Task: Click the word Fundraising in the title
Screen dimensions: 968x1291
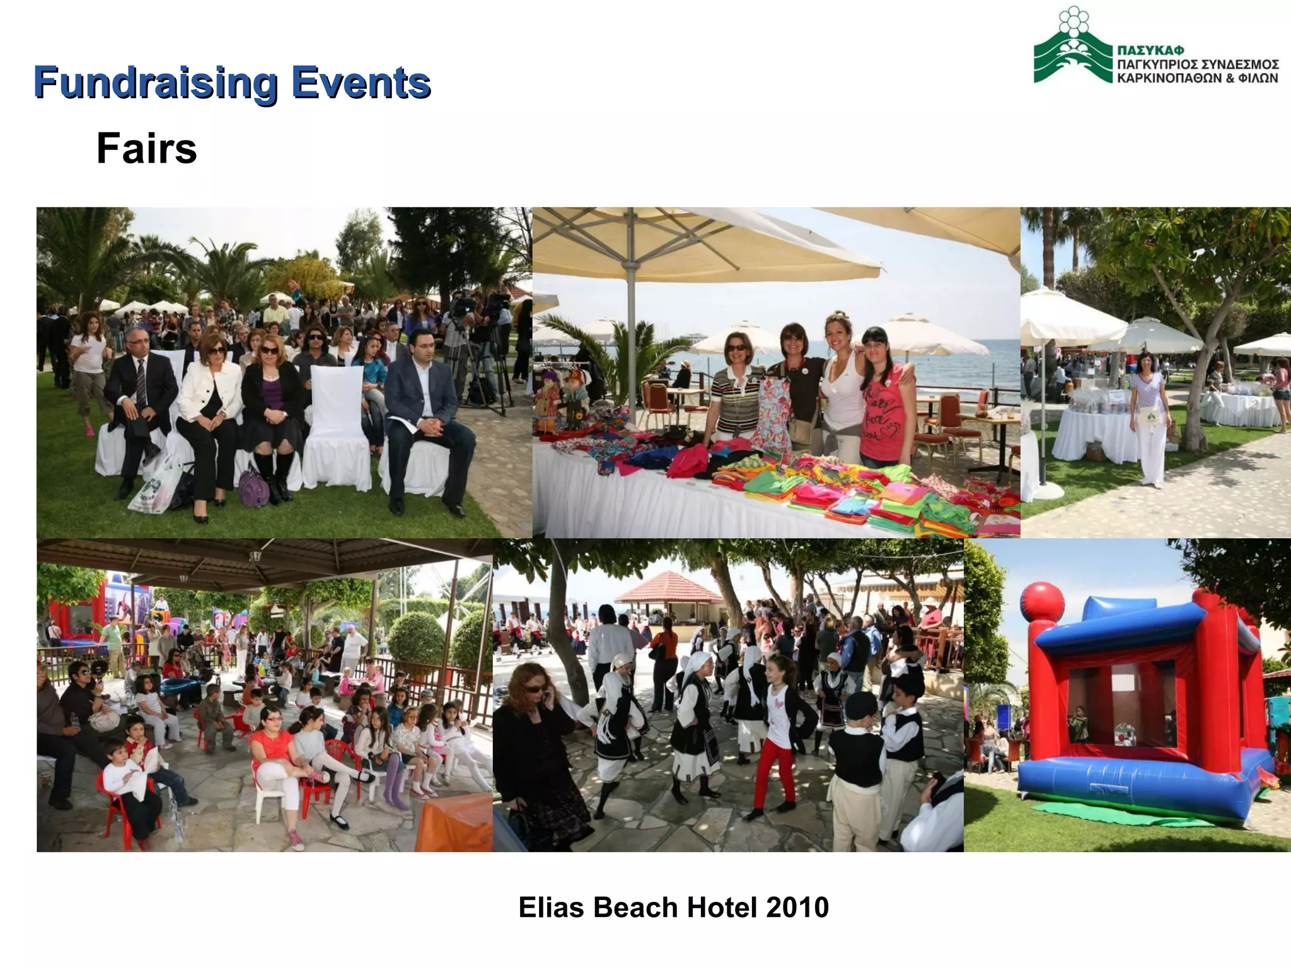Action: click(155, 83)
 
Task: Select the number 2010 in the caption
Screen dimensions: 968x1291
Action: click(797, 907)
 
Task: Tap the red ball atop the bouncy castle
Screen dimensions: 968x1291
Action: click(1042, 602)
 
